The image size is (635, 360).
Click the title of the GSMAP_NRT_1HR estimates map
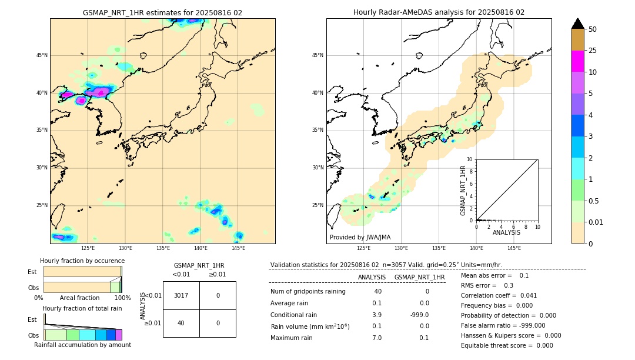[x=162, y=12]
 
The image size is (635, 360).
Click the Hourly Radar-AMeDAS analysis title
[x=439, y=12]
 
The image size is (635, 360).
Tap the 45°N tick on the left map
[x=42, y=55]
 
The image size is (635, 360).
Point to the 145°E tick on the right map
[x=514, y=248]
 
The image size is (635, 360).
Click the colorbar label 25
[x=593, y=51]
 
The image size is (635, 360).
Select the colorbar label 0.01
[x=596, y=222]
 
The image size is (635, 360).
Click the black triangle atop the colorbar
[x=578, y=24]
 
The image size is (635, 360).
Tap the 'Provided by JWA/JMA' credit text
[x=360, y=237]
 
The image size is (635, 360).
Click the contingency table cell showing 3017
[x=181, y=295]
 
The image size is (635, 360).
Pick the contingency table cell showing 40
[x=181, y=323]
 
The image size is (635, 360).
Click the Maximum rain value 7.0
[x=376, y=338]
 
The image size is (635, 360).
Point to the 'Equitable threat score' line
[x=507, y=345]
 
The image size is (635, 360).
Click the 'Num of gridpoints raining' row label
[x=308, y=292]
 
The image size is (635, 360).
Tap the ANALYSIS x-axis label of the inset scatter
[x=506, y=232]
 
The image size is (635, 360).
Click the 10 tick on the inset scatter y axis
[x=469, y=159]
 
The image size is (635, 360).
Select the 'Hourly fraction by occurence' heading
[x=82, y=261]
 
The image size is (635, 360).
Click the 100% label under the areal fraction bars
[x=122, y=298]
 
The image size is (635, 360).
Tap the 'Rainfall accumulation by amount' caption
[x=82, y=345]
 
